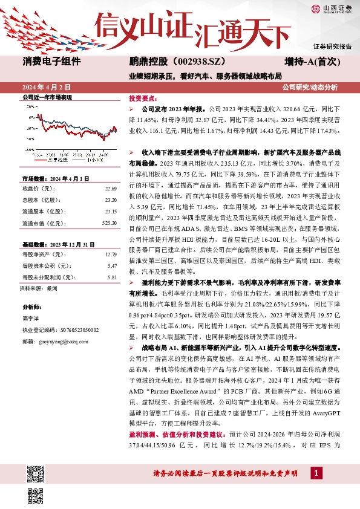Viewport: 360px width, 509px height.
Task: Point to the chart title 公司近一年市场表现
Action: coord(47,97)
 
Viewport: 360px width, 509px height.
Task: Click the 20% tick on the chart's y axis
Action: coord(30,106)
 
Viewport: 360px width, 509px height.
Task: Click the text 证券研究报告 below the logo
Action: coord(332,47)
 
